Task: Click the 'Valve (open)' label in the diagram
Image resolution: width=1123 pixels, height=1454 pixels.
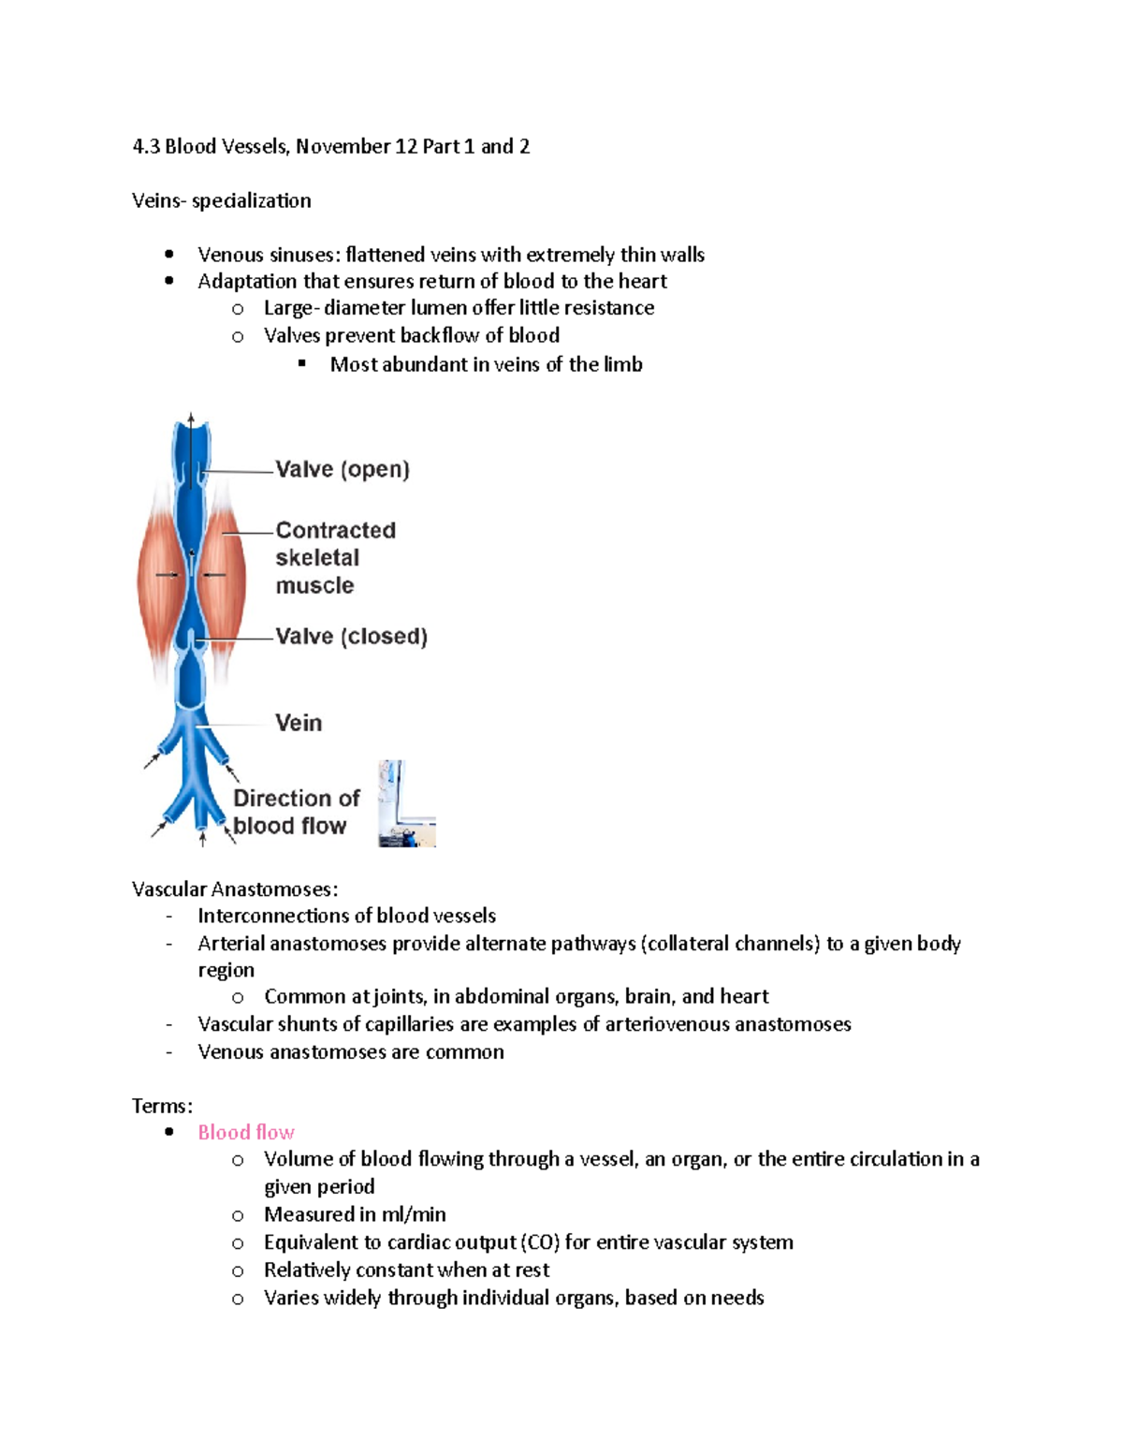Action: point(343,469)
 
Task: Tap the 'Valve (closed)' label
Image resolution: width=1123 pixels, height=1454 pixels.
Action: point(351,637)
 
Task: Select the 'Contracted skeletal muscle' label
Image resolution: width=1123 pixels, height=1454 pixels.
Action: point(335,558)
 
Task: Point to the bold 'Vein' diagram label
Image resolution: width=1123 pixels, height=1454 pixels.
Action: point(299,723)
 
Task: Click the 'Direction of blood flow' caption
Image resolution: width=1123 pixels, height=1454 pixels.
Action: point(296,812)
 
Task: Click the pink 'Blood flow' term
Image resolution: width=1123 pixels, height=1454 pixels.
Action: point(246,1132)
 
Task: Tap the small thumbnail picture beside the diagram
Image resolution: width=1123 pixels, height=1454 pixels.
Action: point(407,804)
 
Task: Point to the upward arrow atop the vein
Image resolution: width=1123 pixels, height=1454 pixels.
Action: point(191,421)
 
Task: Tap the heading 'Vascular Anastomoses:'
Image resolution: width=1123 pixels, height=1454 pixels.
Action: point(235,889)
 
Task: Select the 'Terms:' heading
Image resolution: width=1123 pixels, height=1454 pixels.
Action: point(162,1106)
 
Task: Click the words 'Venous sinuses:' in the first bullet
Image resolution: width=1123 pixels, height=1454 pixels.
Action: point(269,255)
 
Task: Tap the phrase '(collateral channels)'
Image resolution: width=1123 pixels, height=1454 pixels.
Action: point(730,943)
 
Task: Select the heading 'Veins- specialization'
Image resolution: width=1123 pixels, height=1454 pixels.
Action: point(222,200)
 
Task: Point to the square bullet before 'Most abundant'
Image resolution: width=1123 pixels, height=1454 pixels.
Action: point(302,363)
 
